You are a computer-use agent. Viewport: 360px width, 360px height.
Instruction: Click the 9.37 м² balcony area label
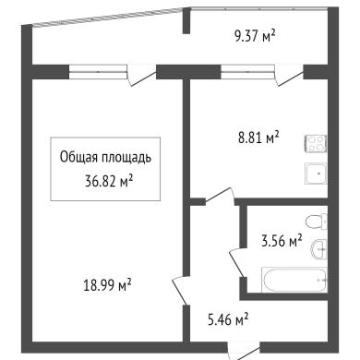point(255,37)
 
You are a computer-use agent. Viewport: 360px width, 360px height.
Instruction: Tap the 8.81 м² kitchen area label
point(258,138)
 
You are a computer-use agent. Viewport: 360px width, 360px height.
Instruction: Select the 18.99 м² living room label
point(107,285)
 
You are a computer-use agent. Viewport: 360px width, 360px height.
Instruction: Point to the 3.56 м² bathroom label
point(282,241)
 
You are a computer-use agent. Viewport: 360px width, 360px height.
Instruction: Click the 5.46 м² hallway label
point(228,319)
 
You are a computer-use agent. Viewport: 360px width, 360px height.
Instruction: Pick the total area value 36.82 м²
point(109,181)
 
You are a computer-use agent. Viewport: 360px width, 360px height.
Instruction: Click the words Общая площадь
point(105,158)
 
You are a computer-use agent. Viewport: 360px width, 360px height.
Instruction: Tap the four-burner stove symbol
point(316,144)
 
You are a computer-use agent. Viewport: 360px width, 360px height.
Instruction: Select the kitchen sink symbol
point(316,174)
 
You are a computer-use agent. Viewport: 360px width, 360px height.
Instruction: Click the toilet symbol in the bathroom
point(317,222)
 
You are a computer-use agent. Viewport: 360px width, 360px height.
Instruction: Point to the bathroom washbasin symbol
point(318,250)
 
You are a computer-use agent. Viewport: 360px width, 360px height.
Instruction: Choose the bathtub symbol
point(294,280)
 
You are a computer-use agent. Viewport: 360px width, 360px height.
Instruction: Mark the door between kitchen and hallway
point(220,195)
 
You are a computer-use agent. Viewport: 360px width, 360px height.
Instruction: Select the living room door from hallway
point(180,291)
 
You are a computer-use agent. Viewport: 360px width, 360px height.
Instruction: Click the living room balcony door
point(142,76)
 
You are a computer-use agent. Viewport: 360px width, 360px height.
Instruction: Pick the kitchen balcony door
point(289,76)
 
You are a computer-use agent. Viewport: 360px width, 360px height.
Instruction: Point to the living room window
point(98,72)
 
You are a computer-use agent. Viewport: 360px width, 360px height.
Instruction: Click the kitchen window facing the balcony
point(247,72)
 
